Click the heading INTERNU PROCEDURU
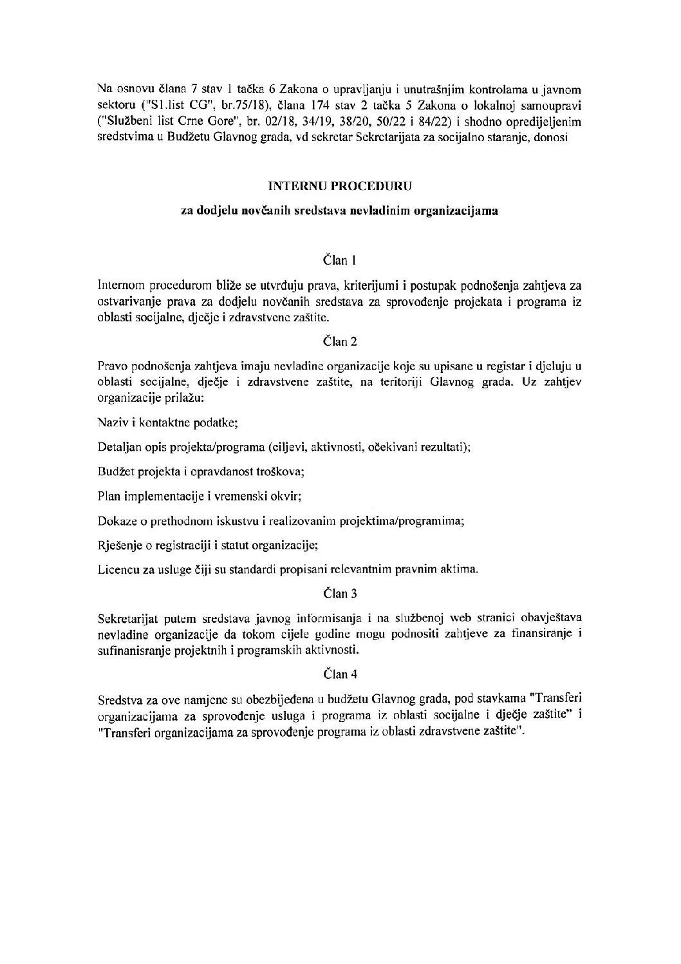point(340,186)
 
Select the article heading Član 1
point(339,261)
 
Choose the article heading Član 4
point(339,675)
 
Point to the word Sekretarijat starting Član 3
point(127,618)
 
